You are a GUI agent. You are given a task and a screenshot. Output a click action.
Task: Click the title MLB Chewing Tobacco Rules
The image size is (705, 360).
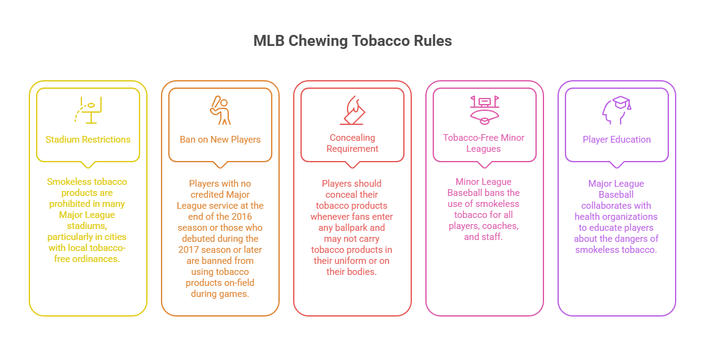[x=352, y=42]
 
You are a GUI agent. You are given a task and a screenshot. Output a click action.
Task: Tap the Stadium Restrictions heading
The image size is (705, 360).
[x=88, y=140]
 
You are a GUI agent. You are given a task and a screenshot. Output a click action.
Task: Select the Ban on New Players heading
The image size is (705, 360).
[x=220, y=140]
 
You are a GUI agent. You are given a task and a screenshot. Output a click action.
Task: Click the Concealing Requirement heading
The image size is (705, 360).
[x=352, y=143]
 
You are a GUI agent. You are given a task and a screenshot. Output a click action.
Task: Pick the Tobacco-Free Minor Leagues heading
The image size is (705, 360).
[x=484, y=143]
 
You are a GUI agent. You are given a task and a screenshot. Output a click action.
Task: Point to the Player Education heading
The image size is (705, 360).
[x=617, y=140]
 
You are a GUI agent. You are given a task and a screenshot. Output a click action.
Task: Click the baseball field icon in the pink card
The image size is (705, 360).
[x=484, y=109]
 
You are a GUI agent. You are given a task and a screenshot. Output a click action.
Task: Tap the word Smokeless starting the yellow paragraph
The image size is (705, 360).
[x=67, y=182]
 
